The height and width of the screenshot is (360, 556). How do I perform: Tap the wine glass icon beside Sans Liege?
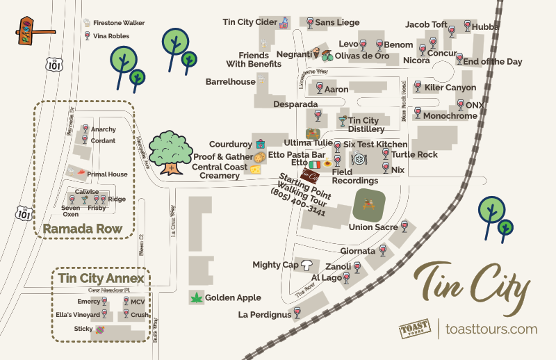(x=309, y=23)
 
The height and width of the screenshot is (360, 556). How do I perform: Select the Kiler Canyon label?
(x=450, y=88)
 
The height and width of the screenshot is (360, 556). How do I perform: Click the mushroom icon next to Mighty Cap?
(x=306, y=264)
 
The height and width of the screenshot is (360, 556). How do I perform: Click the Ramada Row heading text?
(x=83, y=229)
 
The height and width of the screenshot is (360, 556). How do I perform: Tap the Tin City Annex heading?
(x=101, y=279)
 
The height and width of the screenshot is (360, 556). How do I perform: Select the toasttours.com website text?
(x=491, y=329)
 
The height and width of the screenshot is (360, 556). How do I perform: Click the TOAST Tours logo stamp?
(x=415, y=329)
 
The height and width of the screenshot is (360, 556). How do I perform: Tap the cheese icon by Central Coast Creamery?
(x=256, y=168)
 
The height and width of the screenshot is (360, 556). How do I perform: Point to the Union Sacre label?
(x=373, y=227)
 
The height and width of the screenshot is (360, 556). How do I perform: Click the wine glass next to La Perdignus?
(x=297, y=313)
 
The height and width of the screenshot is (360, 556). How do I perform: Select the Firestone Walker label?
(x=119, y=23)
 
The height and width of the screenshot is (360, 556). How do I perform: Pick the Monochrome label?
(x=450, y=116)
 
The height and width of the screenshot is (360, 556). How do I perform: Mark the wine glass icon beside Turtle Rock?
(x=386, y=154)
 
